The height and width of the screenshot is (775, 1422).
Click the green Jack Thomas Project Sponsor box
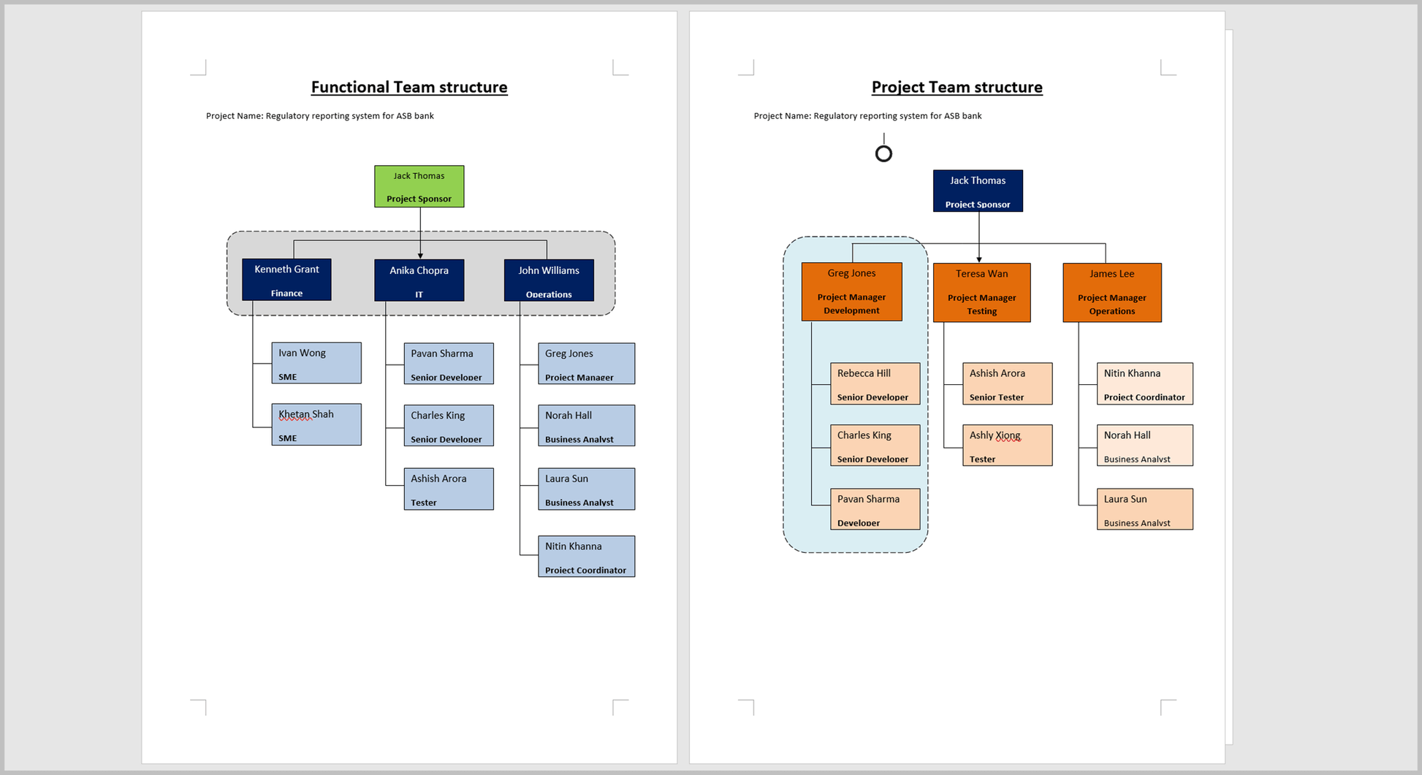click(x=419, y=186)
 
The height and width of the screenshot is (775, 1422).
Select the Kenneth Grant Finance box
click(x=286, y=279)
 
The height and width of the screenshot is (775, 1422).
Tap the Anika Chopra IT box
click(x=419, y=280)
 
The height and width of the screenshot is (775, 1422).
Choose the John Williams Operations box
click(x=549, y=280)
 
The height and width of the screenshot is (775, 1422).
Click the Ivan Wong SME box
click(x=316, y=363)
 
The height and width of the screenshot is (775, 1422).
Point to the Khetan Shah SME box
click(x=316, y=424)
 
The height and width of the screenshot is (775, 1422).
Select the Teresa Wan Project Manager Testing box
click(x=981, y=292)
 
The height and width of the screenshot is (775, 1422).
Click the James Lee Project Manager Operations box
click(x=1111, y=292)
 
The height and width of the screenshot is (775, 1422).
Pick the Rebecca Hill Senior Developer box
click(x=875, y=383)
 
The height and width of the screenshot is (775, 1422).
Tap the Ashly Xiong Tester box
click(x=1007, y=445)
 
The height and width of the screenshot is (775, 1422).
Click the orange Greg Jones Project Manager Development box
click(x=851, y=291)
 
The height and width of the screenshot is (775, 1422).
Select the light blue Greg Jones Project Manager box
click(x=586, y=363)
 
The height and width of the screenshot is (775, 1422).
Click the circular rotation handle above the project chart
click(x=883, y=153)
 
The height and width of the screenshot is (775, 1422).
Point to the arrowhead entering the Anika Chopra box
click(x=420, y=256)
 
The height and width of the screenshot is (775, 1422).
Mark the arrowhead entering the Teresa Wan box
click(x=979, y=259)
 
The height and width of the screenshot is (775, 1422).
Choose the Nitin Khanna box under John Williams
click(x=586, y=557)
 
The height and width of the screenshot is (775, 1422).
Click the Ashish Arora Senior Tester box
click(x=1007, y=383)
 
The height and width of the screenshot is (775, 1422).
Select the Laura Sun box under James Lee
click(x=1144, y=509)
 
